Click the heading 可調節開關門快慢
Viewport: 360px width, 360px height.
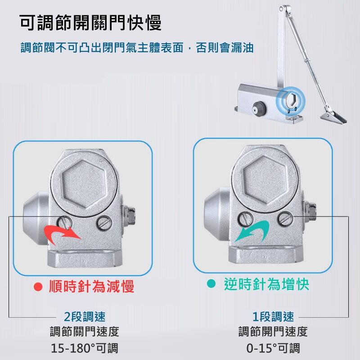[90, 23]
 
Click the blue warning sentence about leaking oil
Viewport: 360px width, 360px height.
[137, 48]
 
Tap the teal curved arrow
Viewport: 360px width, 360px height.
[252, 231]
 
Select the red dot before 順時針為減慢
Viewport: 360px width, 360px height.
[38, 287]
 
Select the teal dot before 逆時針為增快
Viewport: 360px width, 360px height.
[211, 283]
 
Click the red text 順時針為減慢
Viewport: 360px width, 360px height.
[91, 286]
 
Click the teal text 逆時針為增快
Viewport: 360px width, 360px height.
[266, 284]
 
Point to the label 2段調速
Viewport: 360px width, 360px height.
[85, 317]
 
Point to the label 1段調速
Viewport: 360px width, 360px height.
[273, 317]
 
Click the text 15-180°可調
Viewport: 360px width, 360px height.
[84, 348]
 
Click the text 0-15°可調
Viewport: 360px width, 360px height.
[273, 348]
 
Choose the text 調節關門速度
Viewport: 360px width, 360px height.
[85, 332]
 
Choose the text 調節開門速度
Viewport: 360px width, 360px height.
[273, 332]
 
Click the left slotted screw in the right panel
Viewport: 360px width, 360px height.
[246, 219]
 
